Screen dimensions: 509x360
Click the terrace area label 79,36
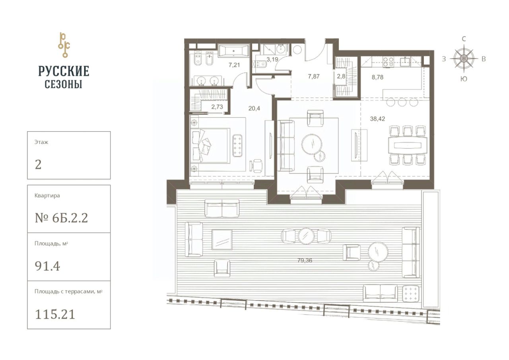(305, 260)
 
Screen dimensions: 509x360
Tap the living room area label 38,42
(377, 119)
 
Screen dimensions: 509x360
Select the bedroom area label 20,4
(254, 109)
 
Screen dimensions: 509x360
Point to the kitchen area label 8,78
(377, 77)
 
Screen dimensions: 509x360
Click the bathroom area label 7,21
(234, 65)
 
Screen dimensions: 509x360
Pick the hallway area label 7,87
(314, 76)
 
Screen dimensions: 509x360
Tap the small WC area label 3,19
(272, 60)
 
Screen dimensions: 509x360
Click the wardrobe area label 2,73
(217, 107)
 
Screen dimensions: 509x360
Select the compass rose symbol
(464, 58)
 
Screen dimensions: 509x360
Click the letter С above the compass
(464, 39)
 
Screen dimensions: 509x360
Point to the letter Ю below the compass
(464, 79)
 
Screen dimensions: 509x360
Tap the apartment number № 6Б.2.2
(61, 218)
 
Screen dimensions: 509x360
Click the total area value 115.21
(55, 315)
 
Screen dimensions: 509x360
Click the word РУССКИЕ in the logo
(64, 71)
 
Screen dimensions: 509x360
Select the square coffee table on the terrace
(222, 240)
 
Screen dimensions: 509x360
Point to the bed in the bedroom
(210, 146)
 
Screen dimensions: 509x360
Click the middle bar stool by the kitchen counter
(402, 102)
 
